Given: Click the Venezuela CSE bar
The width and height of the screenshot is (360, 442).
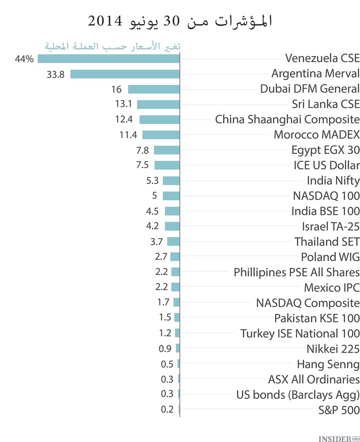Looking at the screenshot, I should pos(108,59).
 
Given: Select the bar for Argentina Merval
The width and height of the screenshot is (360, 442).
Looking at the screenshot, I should pos(125,74).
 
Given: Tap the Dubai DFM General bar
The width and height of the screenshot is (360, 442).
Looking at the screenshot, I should pos(154,89).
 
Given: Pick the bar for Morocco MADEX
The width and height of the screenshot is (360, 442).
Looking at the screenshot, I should pos(161,135).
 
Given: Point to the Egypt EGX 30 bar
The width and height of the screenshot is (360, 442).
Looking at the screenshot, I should pos(167,150).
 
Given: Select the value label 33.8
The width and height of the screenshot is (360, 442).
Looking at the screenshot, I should pos(56,74).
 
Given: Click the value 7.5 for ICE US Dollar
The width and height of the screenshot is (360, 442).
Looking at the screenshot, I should pos(142,165).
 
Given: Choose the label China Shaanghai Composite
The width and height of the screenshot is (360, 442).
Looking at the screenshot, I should pos(287,119).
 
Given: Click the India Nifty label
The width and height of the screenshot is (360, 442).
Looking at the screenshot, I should pos(333,180).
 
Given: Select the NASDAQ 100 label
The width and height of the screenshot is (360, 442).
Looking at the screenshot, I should pos(326,196).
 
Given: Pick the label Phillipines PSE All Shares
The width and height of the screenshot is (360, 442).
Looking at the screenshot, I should pos(297,272).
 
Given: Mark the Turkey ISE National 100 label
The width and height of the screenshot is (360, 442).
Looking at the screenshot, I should pos(300,333).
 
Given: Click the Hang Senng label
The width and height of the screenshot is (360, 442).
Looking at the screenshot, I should pos(328,364).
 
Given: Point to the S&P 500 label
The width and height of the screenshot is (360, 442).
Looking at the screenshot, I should pos(338,410).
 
